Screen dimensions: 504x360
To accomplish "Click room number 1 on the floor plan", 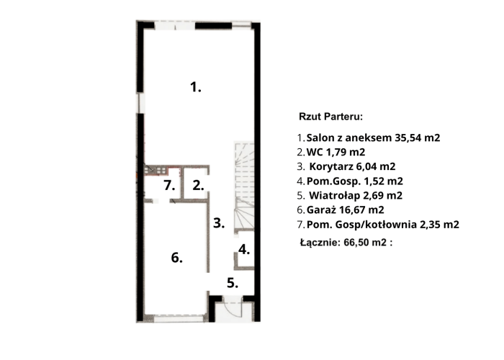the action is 195,87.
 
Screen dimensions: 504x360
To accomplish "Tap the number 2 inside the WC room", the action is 198,186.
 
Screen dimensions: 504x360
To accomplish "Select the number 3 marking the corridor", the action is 219,223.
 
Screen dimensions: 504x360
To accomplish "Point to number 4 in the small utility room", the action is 244,249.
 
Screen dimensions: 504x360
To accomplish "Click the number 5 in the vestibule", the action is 233,283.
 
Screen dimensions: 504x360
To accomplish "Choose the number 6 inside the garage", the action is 177,258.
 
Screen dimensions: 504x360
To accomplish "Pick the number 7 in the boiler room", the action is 169,186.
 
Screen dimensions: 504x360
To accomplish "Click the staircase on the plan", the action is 245,186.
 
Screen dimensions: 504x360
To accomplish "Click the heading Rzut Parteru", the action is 330,117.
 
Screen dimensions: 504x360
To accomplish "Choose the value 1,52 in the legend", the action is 374,181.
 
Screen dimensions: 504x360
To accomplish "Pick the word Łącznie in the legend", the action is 320,243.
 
